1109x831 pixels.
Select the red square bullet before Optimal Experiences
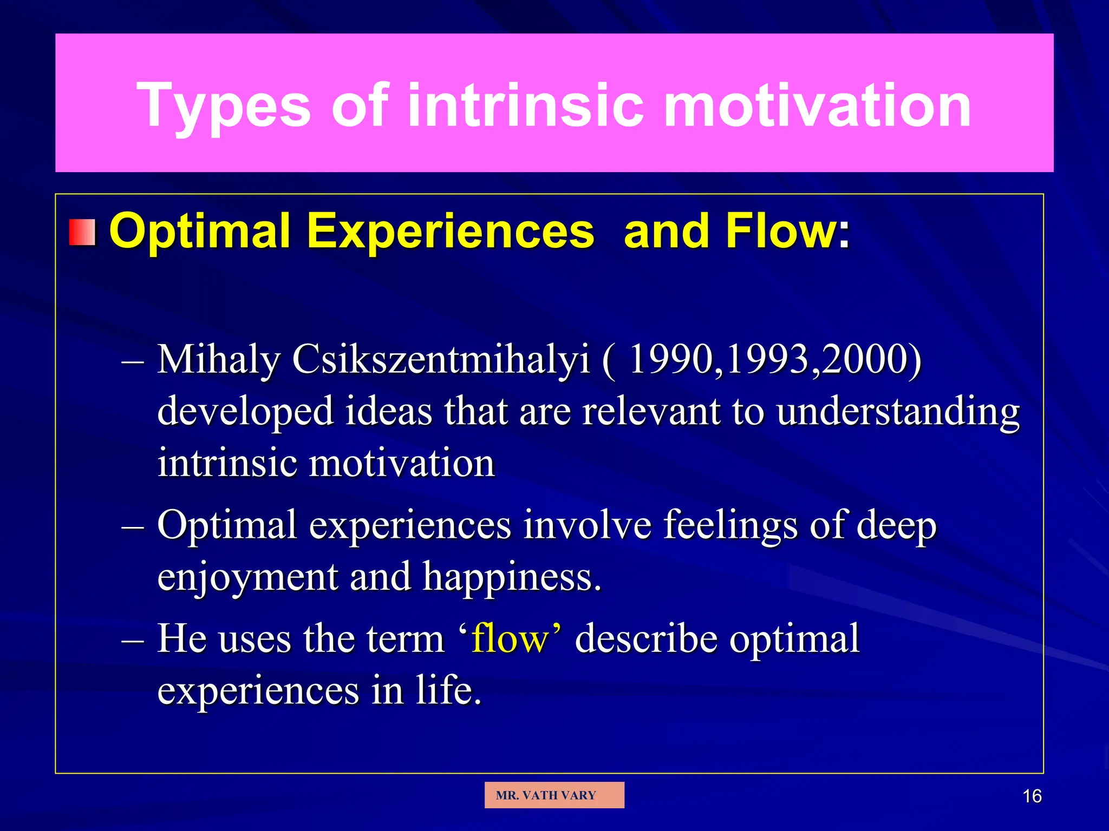(82, 233)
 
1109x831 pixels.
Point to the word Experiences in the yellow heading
(451, 231)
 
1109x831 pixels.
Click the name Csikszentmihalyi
(441, 360)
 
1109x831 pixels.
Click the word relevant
(651, 411)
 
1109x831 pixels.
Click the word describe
(646, 638)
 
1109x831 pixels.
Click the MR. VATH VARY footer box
(554, 795)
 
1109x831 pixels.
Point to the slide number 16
(1032, 796)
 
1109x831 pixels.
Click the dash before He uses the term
(133, 641)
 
